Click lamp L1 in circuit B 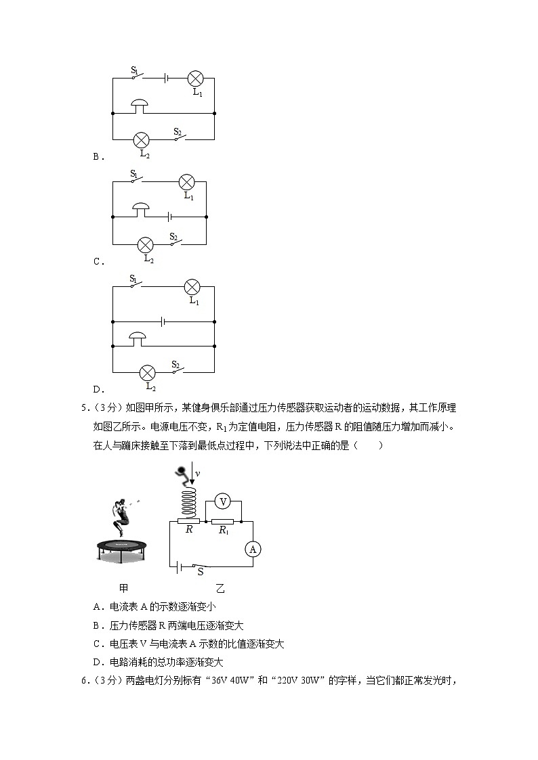[196, 78]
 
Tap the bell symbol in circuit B [140, 106]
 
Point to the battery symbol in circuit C [170, 217]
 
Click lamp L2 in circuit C [146, 244]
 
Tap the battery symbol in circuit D [163, 321]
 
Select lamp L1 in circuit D [192, 286]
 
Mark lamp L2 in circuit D [147, 372]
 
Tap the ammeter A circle [252, 549]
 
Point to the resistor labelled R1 [222, 522]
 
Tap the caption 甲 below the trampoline [123, 589]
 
